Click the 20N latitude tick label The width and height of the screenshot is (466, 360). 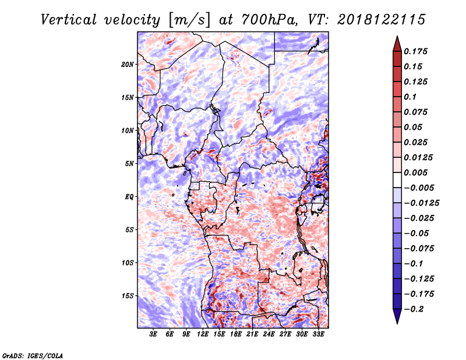click(128, 65)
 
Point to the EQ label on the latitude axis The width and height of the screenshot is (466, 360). click(129, 197)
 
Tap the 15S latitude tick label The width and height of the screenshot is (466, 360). click(128, 296)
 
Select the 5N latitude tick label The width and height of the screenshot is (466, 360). click(129, 164)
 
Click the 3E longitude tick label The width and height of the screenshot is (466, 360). click(153, 334)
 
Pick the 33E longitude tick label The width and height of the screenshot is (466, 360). click(318, 334)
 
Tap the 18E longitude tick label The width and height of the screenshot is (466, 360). click(236, 334)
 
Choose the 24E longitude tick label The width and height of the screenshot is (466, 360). click(269, 334)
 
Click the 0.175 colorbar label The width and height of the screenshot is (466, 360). click(415, 51)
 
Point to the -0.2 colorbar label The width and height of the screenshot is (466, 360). click(414, 309)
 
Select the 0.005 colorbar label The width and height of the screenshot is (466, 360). click(415, 172)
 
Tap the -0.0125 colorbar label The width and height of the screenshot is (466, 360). click(421, 203)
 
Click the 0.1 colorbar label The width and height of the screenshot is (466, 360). click(410, 97)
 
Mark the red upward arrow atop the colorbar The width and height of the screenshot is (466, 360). click(397, 44)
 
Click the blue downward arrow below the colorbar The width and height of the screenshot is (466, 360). click(397, 316)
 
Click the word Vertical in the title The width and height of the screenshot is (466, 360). click(69, 20)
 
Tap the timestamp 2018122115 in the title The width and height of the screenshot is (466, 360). click(382, 20)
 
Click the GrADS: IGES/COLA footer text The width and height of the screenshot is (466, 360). click(33, 355)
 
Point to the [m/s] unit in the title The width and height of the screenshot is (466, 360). click(189, 20)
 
